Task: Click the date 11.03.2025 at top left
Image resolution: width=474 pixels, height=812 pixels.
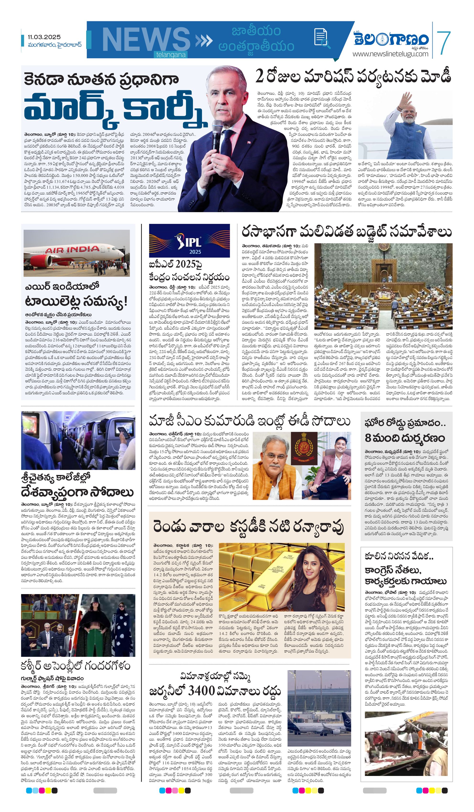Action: click(x=44, y=37)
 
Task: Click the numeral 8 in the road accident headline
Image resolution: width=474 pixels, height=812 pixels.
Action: click(x=368, y=438)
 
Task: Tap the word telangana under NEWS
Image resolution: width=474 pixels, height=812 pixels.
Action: click(x=171, y=55)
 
